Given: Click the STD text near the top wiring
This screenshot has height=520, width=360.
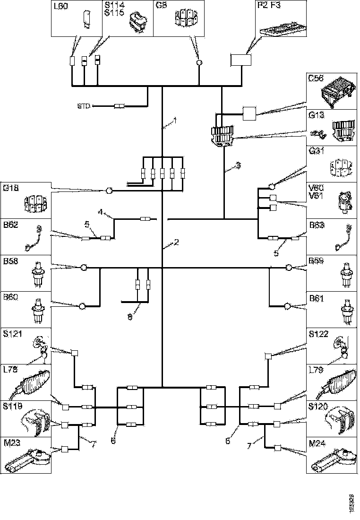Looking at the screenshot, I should tap(84, 106).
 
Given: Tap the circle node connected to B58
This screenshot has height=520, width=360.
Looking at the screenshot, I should tap(84, 268).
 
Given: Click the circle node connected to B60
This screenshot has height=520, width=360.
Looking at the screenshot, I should tap(82, 306).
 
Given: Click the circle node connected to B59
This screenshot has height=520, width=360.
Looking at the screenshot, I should tap(289, 268).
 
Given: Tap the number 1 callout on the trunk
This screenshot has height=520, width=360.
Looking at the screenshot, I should tap(174, 121).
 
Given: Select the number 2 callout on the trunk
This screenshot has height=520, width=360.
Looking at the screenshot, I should tap(176, 243).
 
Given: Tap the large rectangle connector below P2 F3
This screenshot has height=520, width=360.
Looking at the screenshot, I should tap(240, 60).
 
